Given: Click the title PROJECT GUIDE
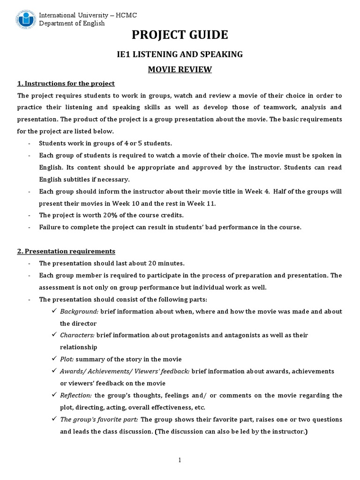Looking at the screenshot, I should pos(180,35).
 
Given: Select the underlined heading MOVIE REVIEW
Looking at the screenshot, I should pos(180,70).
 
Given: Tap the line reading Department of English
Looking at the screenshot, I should pos(72,24).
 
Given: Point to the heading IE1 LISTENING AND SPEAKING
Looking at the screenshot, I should pos(180,54).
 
